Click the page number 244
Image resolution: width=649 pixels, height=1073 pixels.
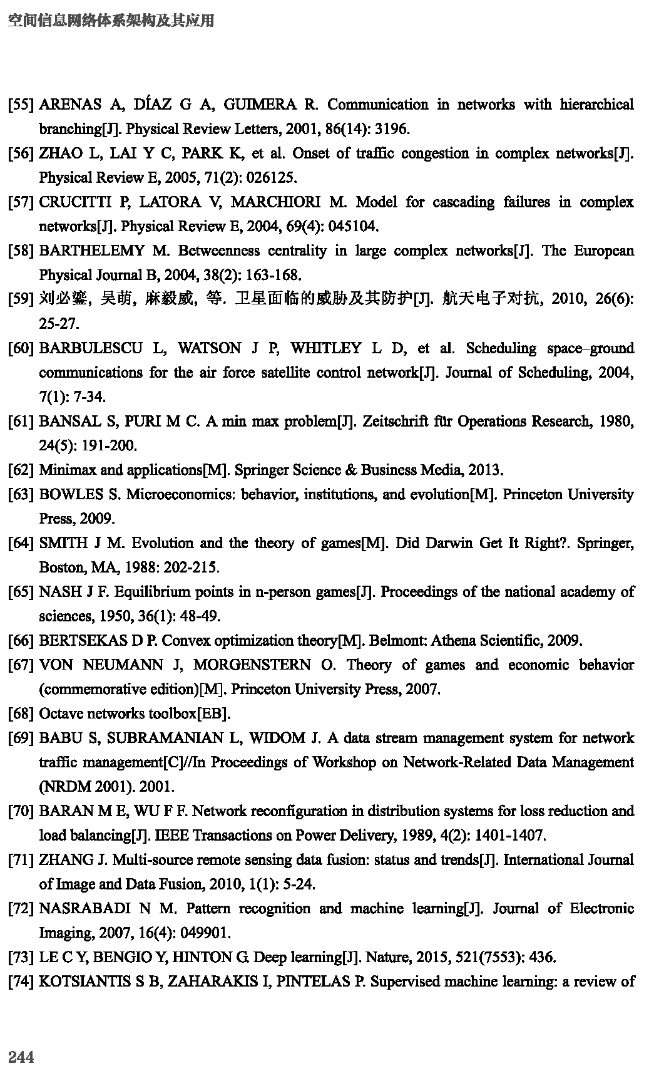tap(21, 1057)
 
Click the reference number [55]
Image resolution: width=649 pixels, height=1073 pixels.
tap(21, 105)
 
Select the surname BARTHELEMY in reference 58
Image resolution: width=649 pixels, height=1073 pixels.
tap(92, 251)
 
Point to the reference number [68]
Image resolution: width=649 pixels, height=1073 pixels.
tap(21, 713)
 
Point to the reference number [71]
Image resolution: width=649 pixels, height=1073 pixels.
tap(21, 860)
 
